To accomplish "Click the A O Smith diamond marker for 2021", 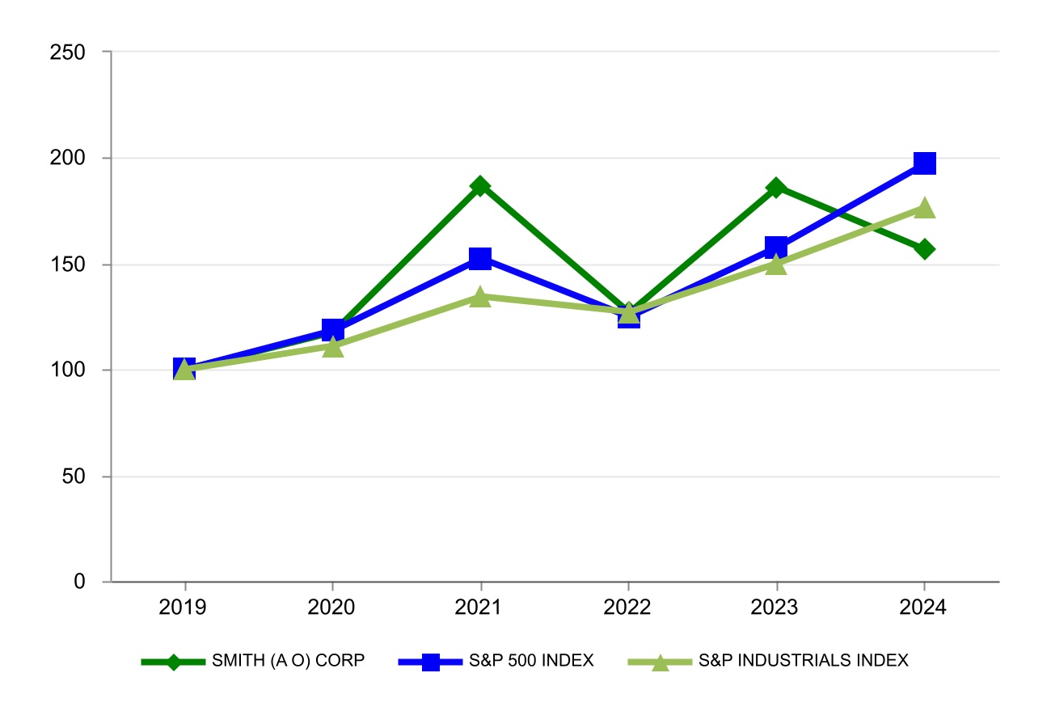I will pyautogui.click(x=480, y=186).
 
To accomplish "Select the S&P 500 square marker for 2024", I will pyautogui.click(x=924, y=163).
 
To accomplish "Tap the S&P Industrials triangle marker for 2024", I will pyautogui.click(x=924, y=208).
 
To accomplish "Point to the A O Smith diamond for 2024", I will pyautogui.click(x=924, y=248).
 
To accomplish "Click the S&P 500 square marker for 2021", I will pyautogui.click(x=480, y=259).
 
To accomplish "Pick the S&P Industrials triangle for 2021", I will pyautogui.click(x=480, y=297).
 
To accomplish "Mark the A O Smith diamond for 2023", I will pyautogui.click(x=776, y=188).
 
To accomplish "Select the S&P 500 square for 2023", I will pyautogui.click(x=776, y=248).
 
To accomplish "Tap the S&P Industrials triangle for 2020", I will pyautogui.click(x=332, y=347).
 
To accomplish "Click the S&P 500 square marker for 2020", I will pyautogui.click(x=332, y=329).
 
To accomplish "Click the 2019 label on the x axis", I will pyautogui.click(x=185, y=606).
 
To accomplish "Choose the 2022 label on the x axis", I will pyautogui.click(x=628, y=606).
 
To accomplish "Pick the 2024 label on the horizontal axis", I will pyautogui.click(x=924, y=606).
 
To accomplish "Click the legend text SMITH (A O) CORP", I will pyautogui.click(x=289, y=661).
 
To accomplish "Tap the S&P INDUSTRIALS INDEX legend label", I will pyautogui.click(x=804, y=661).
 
